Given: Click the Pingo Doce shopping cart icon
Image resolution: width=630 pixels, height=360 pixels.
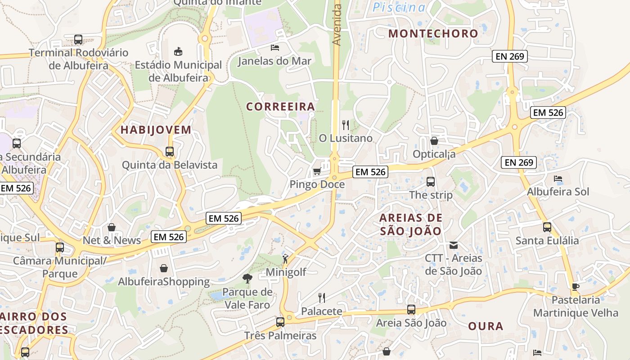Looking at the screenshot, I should [x=317, y=171].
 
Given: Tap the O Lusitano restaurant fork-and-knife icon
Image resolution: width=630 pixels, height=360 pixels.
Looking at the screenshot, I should [x=346, y=125].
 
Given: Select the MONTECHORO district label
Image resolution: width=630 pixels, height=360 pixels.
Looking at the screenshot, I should [x=433, y=33].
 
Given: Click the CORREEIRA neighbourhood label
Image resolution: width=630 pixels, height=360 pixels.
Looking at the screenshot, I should [x=280, y=107].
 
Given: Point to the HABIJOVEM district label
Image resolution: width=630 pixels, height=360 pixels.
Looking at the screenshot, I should [x=156, y=130].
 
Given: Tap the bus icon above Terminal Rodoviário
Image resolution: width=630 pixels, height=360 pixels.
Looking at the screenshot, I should [x=78, y=40].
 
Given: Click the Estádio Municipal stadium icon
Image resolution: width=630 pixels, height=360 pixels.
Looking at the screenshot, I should [x=178, y=51].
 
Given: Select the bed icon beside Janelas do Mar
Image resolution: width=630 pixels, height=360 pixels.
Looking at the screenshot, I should [x=274, y=47].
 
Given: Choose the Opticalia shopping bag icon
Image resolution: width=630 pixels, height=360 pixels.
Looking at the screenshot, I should [x=434, y=141].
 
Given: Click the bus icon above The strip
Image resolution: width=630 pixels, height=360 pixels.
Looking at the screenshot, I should [x=431, y=182].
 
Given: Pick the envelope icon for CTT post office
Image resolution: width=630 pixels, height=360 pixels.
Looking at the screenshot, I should [x=454, y=245].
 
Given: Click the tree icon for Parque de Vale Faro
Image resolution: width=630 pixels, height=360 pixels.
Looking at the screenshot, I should [x=247, y=279].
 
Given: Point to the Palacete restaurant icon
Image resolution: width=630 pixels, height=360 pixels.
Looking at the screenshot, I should [x=321, y=297].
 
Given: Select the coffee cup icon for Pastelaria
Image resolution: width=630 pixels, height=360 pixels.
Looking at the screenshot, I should [x=576, y=287].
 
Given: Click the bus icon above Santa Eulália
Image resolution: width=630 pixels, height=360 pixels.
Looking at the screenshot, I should [x=547, y=227].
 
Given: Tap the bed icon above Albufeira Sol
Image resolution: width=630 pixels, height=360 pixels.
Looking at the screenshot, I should [x=558, y=178].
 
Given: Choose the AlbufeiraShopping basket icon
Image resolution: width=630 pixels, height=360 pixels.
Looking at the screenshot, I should [x=164, y=268].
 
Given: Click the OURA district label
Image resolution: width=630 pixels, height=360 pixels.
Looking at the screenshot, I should [x=486, y=326].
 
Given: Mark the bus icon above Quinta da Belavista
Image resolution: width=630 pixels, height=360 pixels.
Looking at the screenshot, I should [x=170, y=152].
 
